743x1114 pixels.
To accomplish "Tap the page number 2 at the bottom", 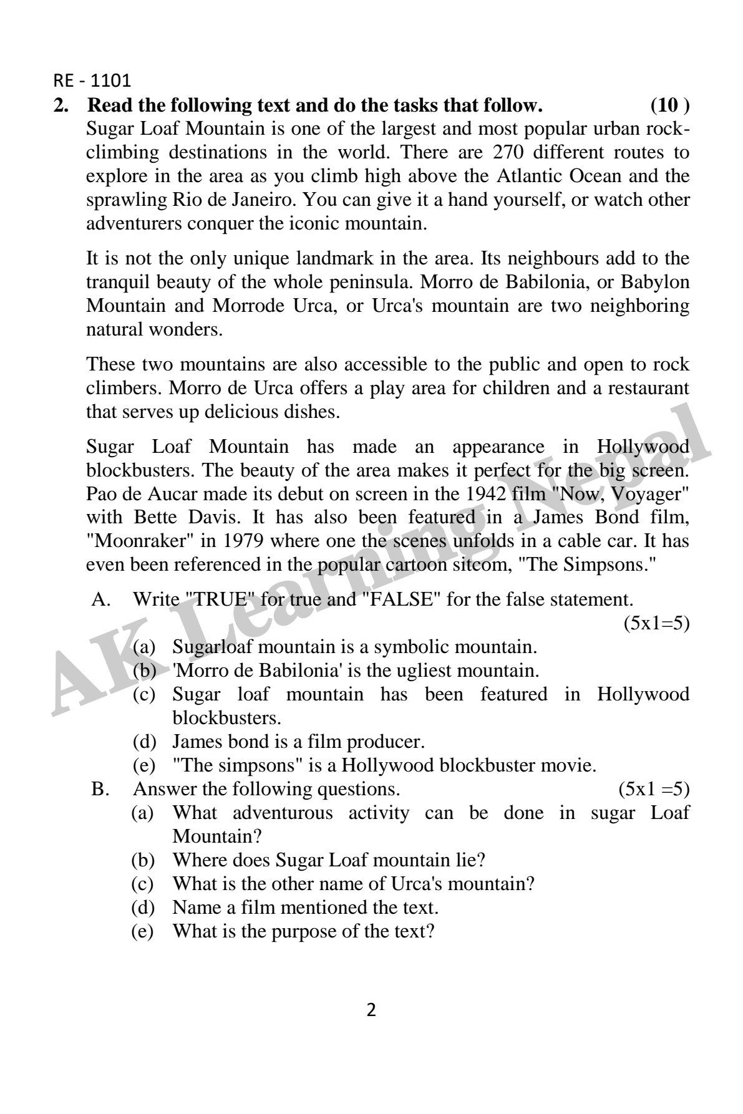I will (371, 1010).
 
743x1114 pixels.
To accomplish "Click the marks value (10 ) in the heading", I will (670, 105).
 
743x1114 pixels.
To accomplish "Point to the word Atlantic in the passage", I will (530, 177).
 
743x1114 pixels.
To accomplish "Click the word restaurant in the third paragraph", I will (649, 388).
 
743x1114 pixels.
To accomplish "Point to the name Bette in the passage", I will (153, 517).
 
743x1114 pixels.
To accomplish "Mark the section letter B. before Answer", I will (100, 789).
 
